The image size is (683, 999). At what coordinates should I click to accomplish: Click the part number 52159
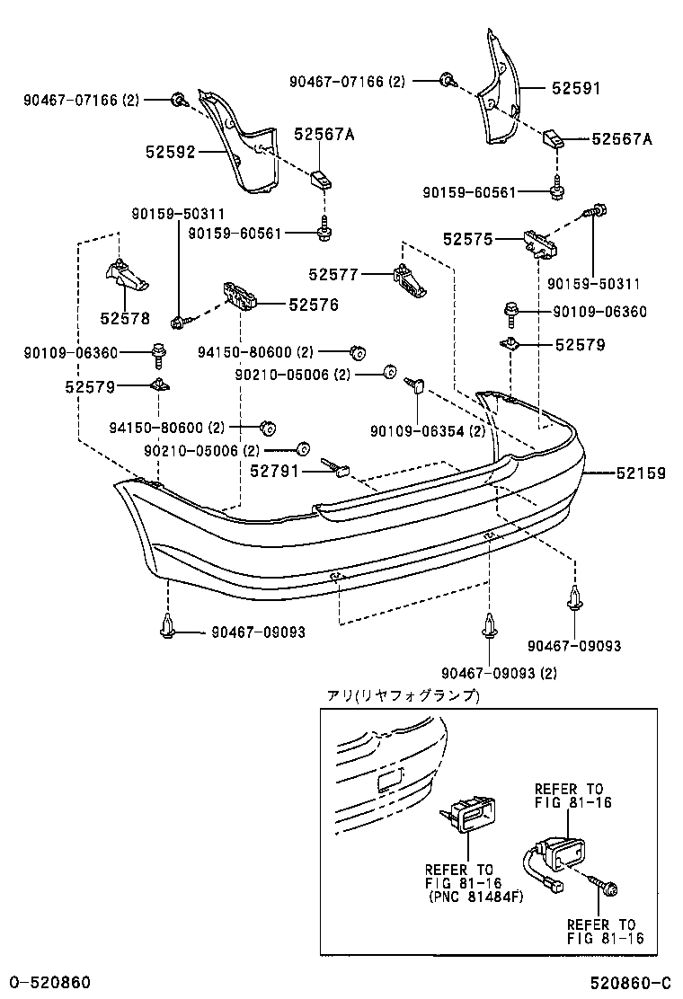pos(640,473)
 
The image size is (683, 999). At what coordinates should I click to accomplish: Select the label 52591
pos(575,89)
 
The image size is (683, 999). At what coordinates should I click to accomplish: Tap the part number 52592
pos(170,153)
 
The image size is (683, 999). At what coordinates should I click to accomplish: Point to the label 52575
pos(467,239)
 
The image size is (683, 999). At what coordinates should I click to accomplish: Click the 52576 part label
pos(314,305)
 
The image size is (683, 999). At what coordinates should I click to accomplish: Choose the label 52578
pos(125,318)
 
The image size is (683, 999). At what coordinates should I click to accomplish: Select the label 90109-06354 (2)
pos(427,431)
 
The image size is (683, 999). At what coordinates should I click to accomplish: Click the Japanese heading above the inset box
pos(402,696)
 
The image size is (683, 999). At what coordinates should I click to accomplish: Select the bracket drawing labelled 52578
pos(126,276)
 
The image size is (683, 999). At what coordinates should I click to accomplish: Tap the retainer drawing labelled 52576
pos(239,295)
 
